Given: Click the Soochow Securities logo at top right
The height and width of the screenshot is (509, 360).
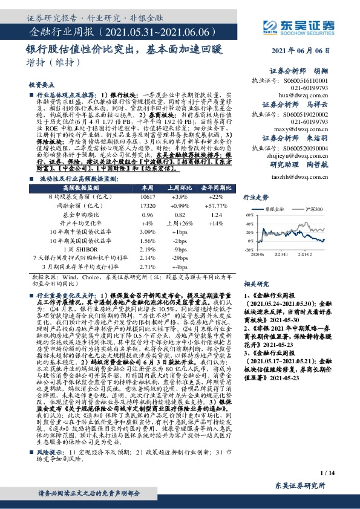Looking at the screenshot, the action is (303, 26).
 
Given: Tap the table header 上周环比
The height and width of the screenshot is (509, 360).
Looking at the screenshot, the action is (180, 189).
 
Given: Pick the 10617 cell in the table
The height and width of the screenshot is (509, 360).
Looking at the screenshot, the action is (146, 197).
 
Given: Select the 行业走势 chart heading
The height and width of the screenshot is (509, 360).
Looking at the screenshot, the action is (255, 197).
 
